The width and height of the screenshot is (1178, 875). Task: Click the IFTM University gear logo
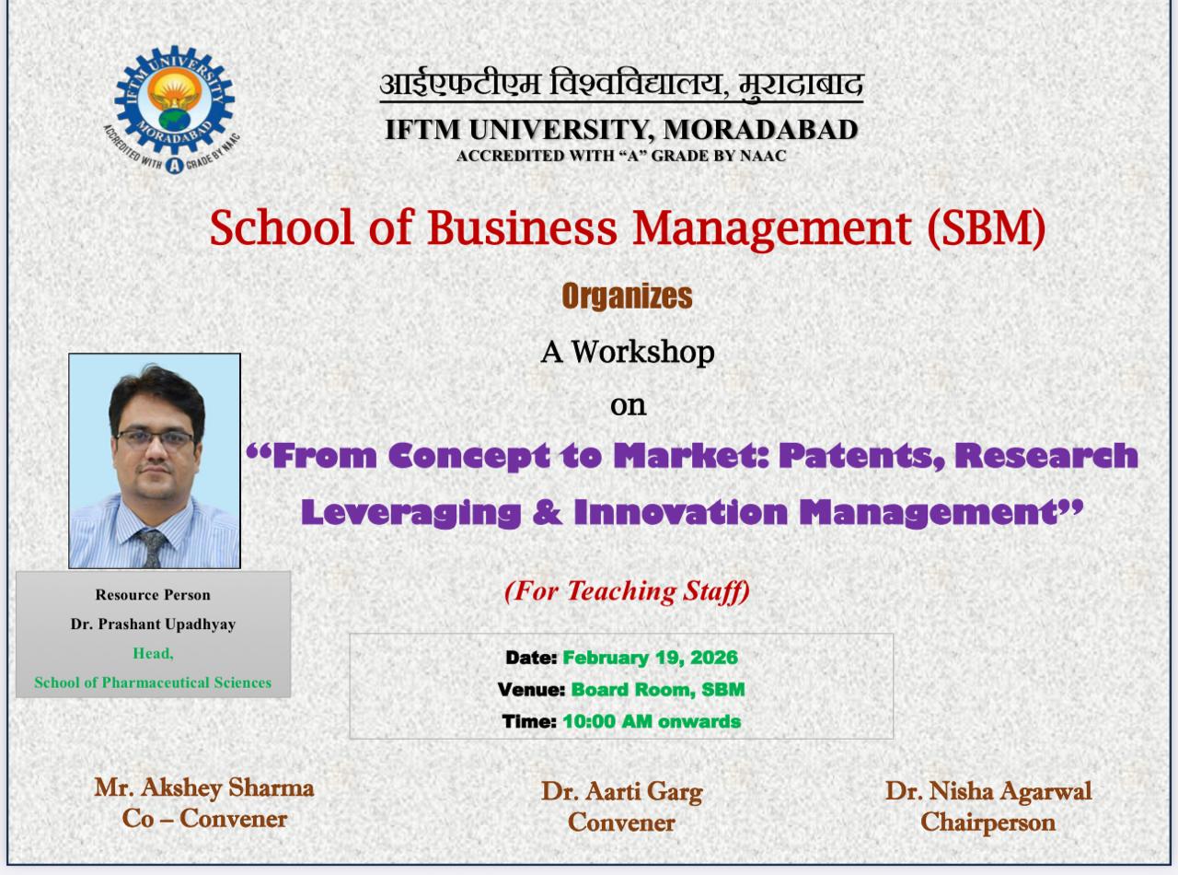[x=171, y=110]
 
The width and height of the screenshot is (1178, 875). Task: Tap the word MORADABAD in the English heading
[x=760, y=130]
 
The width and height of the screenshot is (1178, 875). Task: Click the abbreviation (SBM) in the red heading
[x=987, y=227]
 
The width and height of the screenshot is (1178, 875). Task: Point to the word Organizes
[x=628, y=296]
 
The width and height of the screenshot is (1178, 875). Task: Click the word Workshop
[x=642, y=352]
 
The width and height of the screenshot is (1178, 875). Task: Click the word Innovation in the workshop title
[x=681, y=512]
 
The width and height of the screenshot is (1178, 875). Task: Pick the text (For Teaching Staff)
[x=628, y=591]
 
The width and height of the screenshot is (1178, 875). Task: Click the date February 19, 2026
[x=650, y=658]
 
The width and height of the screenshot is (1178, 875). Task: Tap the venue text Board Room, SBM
[x=658, y=690]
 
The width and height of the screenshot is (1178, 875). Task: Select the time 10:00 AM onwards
[x=652, y=721]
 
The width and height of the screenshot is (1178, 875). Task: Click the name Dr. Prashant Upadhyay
[x=153, y=624]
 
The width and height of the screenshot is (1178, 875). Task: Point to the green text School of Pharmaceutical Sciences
[x=153, y=682]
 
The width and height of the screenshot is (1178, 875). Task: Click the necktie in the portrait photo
[x=153, y=547]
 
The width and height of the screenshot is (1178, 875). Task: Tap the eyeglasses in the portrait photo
[x=156, y=438]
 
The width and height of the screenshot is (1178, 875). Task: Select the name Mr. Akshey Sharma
[x=204, y=788]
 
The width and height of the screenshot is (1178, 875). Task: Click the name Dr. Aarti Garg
[x=622, y=792]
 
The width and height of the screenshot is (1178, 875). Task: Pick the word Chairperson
[x=987, y=822]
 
